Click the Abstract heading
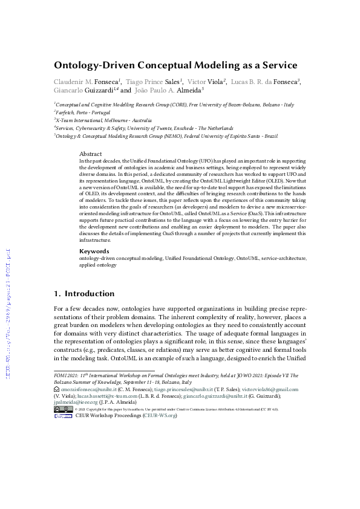(x=91, y=154)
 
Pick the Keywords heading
(x=94, y=251)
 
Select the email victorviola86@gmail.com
(x=273, y=391)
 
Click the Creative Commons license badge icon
(x=64, y=410)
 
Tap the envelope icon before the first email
(x=56, y=391)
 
